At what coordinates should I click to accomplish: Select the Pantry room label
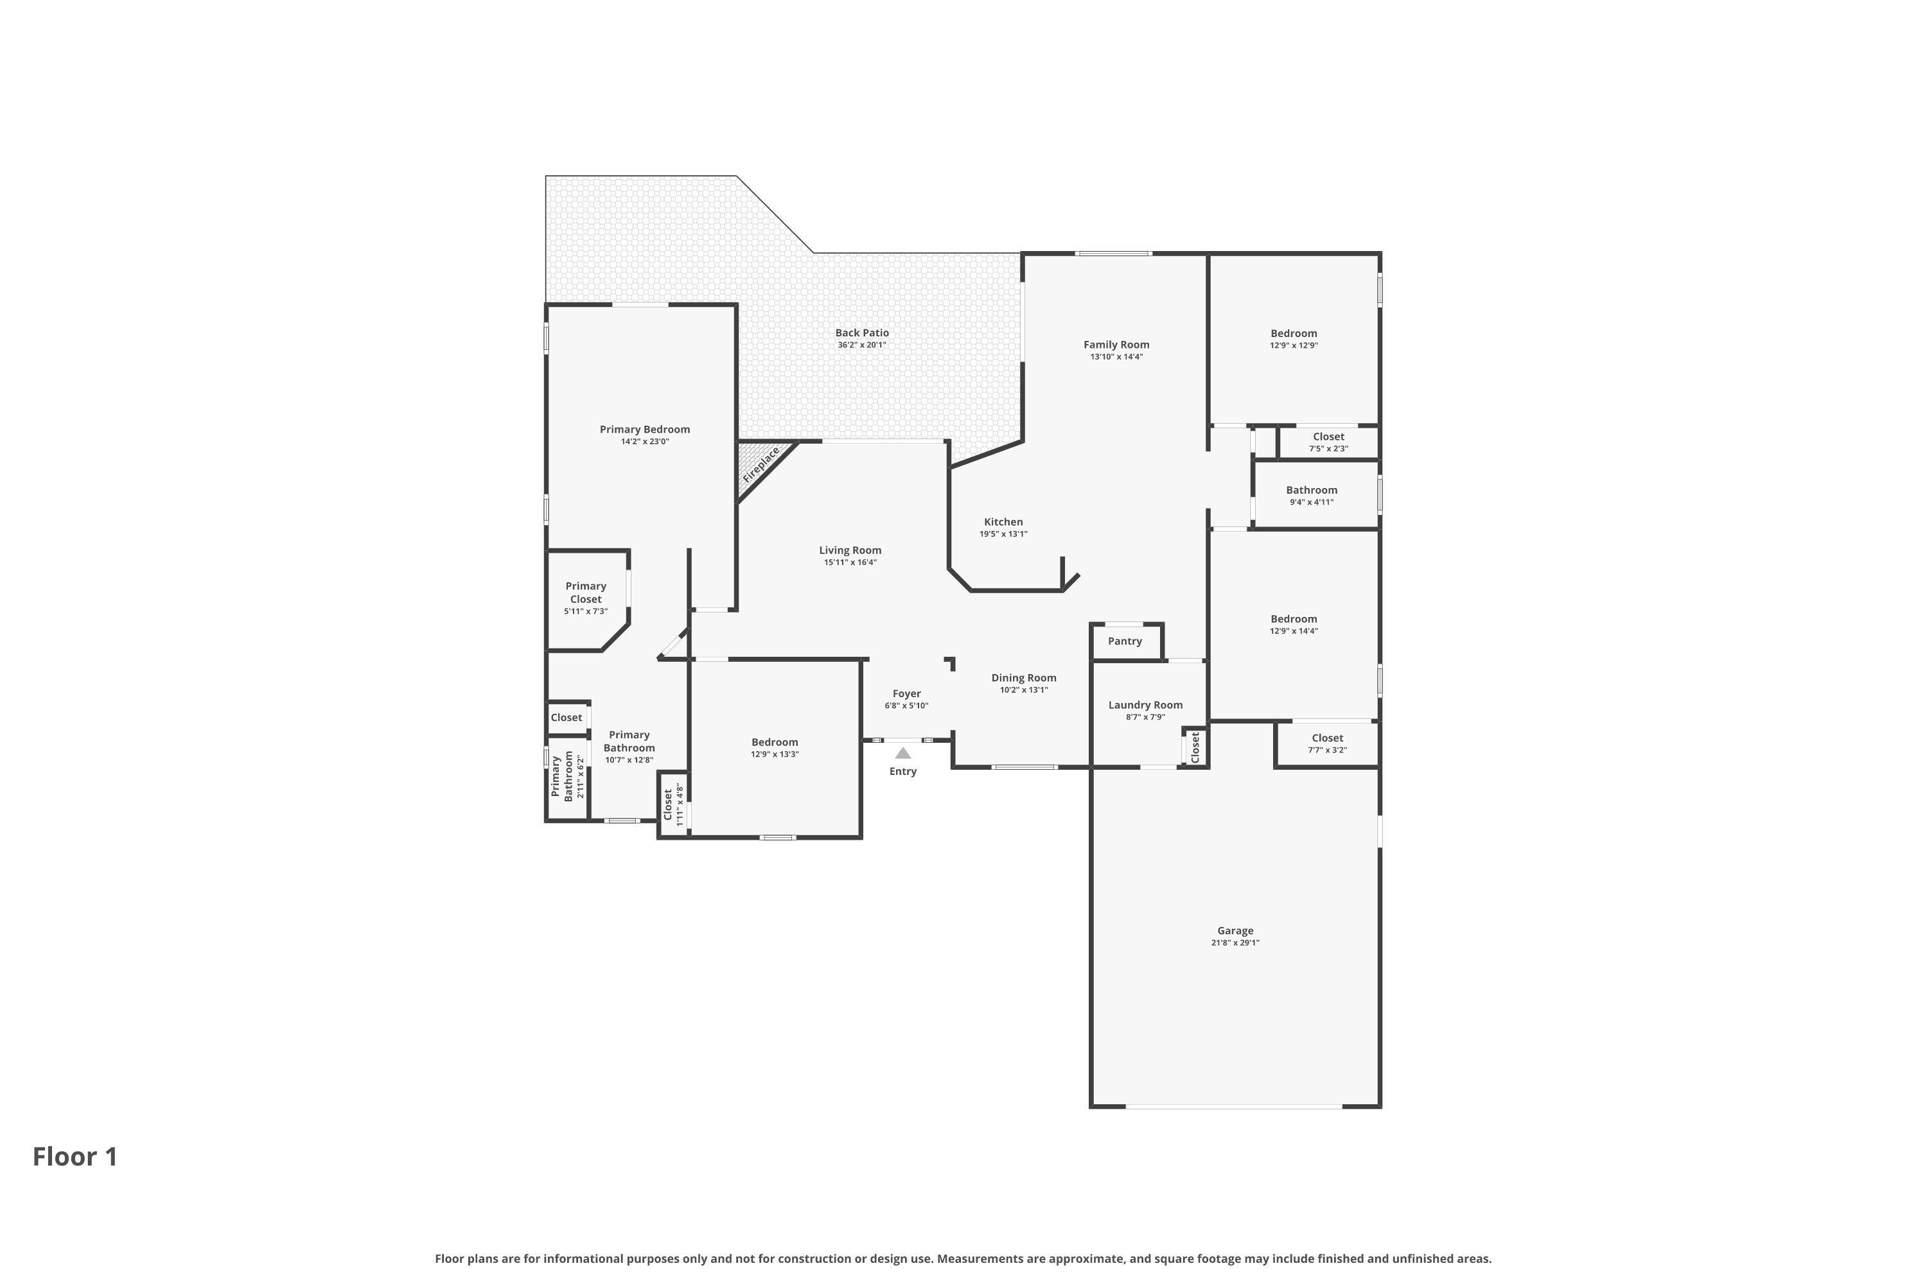point(1124,641)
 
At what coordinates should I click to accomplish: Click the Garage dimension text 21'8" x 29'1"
point(1235,942)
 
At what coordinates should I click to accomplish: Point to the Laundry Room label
point(1145,705)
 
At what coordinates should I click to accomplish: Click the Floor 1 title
point(75,1156)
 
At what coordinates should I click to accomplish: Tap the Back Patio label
point(861,333)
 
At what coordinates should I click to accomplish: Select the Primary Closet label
point(585,592)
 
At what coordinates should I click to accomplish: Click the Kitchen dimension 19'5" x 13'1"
point(1003,534)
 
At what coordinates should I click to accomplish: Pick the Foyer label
point(906,693)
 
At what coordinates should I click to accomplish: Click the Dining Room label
point(1023,678)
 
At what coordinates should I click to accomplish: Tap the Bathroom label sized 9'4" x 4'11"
point(1311,490)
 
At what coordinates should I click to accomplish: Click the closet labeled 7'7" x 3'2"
point(1326,743)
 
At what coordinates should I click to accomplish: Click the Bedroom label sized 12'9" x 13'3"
point(774,743)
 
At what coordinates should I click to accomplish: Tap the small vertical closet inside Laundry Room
point(1195,747)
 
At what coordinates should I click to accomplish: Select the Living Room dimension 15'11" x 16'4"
point(850,562)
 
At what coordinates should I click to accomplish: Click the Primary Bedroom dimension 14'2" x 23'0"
point(644,442)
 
